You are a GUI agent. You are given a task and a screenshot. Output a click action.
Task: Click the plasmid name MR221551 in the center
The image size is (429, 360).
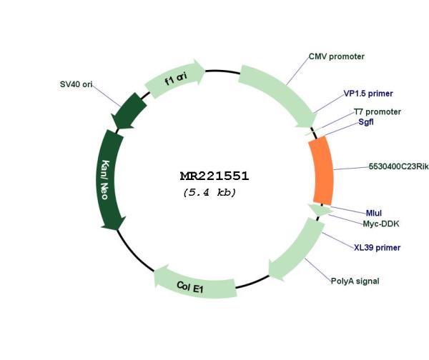coord(214,176)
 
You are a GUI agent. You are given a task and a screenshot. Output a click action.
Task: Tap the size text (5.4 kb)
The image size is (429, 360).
coord(209,192)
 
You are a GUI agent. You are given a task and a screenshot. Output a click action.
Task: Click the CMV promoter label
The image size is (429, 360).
coord(337,56)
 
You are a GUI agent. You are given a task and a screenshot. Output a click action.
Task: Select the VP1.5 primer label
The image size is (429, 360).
coord(368,94)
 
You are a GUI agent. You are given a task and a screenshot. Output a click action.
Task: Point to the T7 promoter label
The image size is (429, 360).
coord(378,112)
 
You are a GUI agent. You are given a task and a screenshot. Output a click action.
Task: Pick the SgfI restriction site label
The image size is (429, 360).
coord(366,121)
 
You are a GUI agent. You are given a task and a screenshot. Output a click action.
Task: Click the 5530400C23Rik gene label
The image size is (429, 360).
coord(399,166)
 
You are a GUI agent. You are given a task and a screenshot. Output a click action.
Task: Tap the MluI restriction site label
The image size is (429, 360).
coord(374,213)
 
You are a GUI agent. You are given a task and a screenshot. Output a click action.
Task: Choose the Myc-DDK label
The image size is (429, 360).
coord(381,224)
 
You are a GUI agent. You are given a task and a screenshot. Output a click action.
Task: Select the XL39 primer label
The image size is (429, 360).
coord(377,248)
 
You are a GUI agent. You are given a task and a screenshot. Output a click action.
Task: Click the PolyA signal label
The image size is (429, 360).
coord(355,281)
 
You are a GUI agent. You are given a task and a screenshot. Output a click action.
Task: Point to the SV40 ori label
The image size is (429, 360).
coord(76,84)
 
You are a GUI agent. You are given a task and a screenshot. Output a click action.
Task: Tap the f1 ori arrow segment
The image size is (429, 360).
coord(175,79)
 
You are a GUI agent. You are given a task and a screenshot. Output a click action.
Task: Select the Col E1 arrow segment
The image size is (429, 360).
coord(194,284)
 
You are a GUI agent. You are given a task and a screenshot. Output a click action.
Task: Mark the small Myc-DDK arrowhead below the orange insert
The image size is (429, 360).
coord(320,210)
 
